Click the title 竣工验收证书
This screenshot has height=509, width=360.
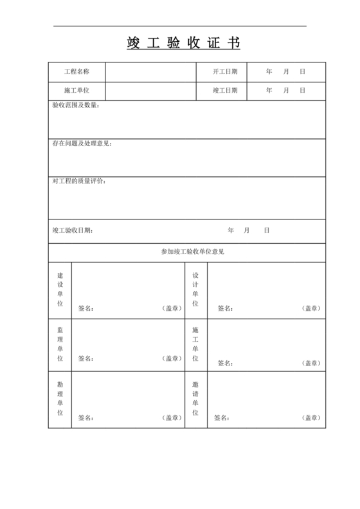tap(184, 44)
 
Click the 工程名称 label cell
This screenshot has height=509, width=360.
tap(76, 72)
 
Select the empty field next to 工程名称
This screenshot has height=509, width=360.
tap(150, 72)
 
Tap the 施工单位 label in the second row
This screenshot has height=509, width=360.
tap(76, 91)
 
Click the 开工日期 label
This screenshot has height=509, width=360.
tap(225, 72)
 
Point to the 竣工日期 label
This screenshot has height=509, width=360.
tap(225, 91)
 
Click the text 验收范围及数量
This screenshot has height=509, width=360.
tap(75, 106)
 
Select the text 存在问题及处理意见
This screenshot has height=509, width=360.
tap(82, 143)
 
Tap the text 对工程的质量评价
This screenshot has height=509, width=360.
tap(78, 181)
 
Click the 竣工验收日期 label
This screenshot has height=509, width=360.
tap(72, 230)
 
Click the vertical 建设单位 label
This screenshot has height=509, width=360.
tap(60, 289)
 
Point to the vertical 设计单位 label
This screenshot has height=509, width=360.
tap(195, 289)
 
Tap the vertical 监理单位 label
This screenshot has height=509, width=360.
tap(60, 344)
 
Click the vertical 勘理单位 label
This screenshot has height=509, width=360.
tap(60, 399)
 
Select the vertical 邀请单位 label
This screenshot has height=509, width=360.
tap(195, 399)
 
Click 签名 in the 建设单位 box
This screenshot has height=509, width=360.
tap(86, 308)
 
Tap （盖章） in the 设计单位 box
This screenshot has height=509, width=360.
tap(311, 308)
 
